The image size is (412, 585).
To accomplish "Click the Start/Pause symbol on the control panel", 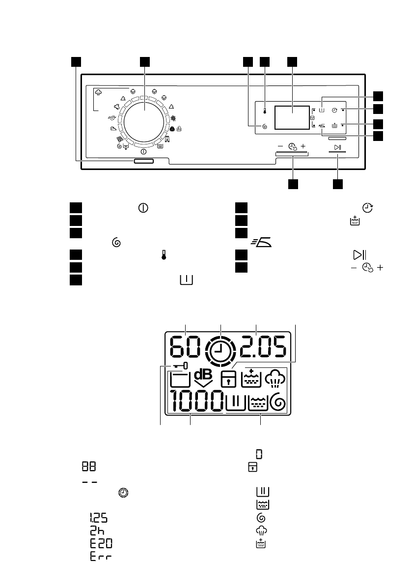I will point(337,147).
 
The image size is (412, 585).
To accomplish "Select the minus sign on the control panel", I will point(280,146).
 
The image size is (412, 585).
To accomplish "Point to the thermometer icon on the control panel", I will point(265,111).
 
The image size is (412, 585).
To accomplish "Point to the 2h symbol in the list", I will point(95,530).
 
